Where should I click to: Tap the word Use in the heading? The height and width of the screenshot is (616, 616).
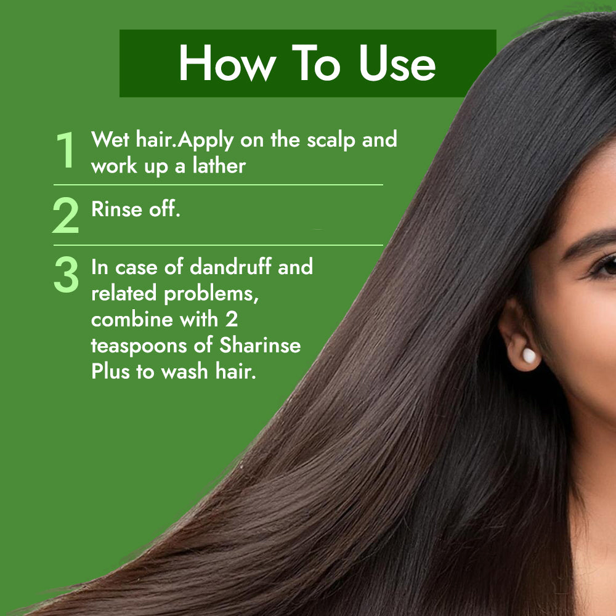pos(397,63)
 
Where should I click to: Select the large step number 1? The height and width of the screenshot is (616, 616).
pos(66,150)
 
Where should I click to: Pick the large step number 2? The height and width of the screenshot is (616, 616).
pos(66,215)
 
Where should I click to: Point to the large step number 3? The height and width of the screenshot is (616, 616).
pos(66,275)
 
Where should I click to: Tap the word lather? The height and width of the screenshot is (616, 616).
pos(219,165)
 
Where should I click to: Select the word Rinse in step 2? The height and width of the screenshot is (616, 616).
pos(116,209)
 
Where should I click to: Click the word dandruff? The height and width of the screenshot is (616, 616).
pos(230,266)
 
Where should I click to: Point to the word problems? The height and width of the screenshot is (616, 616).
pos(211,294)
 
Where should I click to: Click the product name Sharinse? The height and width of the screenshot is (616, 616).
pos(260,344)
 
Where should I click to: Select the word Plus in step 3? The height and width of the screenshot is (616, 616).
pos(110,371)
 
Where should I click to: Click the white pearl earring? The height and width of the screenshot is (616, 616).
pos(529,355)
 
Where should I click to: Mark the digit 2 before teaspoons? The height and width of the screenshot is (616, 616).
pos(232,319)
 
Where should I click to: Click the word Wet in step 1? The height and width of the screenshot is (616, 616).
pos(110,139)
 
